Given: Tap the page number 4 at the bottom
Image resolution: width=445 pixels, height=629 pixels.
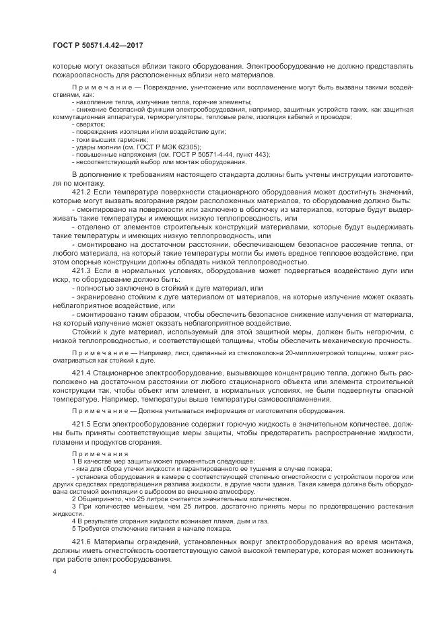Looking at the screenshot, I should pyautogui.click(x=55, y=571).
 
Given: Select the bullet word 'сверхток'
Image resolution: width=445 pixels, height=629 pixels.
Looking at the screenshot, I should pyautogui.click(x=90, y=124).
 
